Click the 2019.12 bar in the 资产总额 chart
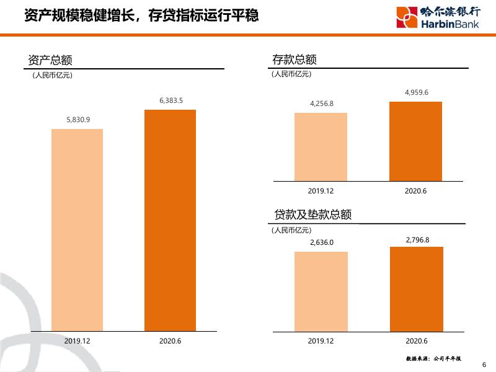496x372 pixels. (77, 229)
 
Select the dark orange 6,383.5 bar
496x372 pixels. (170, 220)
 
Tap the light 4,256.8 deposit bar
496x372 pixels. (321, 146)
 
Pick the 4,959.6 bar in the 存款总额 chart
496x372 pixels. (415, 141)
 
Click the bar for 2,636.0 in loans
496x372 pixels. (321, 291)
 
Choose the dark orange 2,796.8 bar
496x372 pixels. (417, 288)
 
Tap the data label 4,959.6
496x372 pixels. (416, 92)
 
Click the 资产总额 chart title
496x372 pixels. (51, 60)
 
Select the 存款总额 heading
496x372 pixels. (294, 60)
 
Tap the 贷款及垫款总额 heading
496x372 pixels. (312, 215)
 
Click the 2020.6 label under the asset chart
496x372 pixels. (170, 341)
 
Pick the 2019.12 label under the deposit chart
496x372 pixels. (321, 191)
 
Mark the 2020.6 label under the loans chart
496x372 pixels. (417, 341)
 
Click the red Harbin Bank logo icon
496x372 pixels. (407, 16)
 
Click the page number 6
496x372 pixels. (484, 365)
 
